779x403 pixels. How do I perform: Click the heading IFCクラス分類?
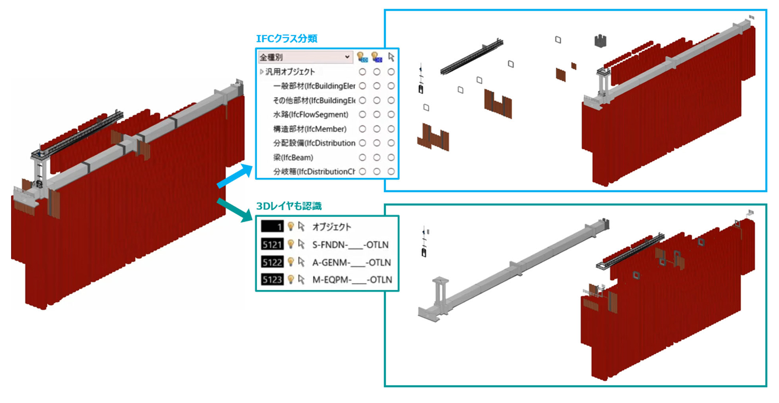287,39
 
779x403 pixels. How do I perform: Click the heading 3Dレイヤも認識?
289,206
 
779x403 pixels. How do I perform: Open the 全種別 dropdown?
305,57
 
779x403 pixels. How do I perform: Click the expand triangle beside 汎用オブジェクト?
262,72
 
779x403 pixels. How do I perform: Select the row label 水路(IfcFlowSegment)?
311,115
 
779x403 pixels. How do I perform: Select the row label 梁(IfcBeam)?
293,158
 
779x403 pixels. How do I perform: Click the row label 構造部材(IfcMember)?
310,129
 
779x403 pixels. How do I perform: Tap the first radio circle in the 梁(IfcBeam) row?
362,158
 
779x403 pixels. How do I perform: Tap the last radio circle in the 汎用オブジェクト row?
391,72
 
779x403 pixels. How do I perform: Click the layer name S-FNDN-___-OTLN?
350,245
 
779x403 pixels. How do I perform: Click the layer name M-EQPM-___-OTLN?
352,279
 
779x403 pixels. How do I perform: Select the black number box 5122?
272,262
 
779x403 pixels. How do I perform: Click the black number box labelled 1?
272,226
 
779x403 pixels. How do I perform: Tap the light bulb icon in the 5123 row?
291,279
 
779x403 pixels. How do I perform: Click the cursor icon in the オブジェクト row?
302,226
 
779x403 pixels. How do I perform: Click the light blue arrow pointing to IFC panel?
235,177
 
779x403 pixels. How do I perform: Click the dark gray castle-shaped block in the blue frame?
600,41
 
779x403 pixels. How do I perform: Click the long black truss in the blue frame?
471,57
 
